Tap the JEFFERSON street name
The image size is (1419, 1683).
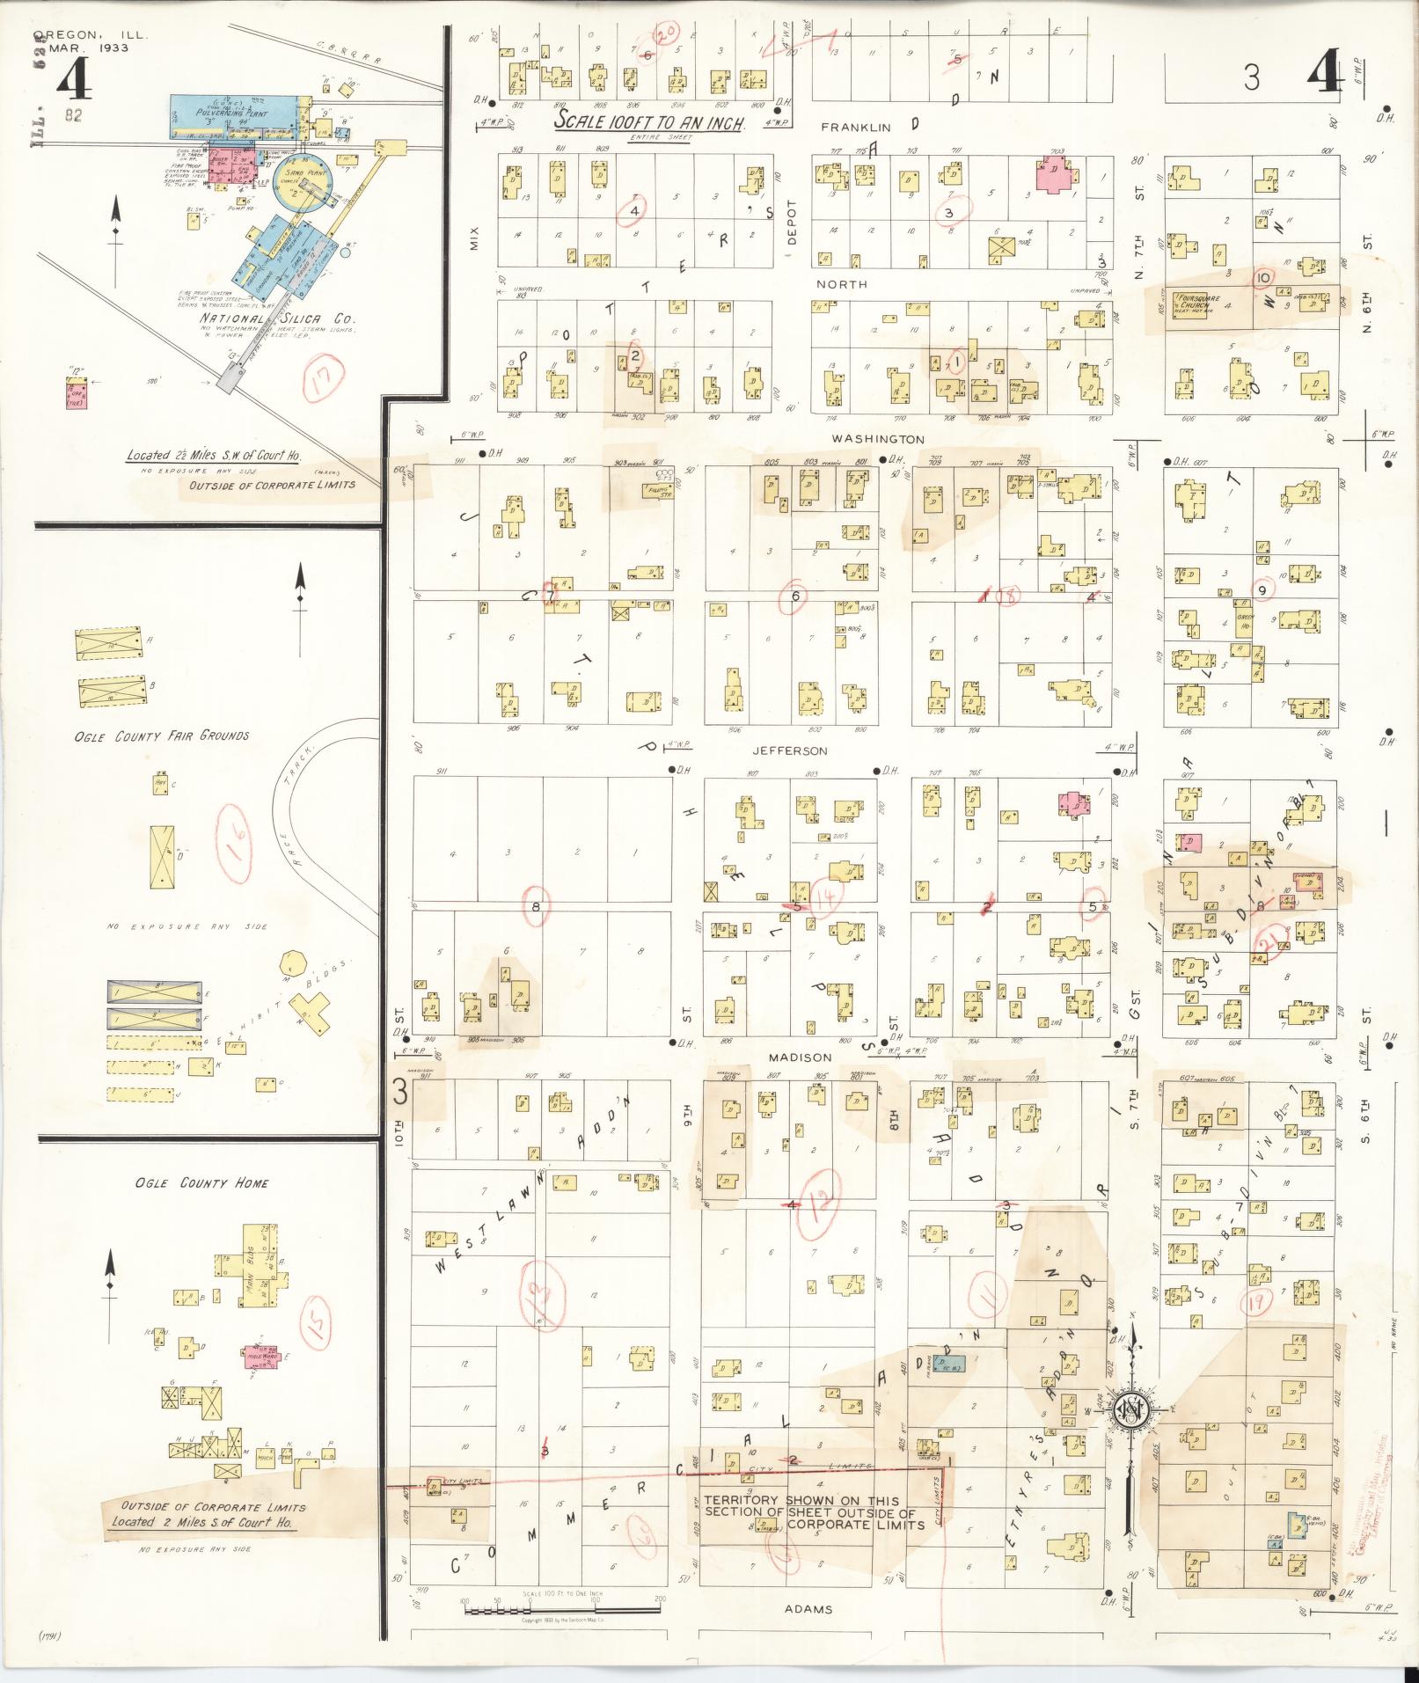789,750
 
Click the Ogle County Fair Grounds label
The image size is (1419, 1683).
161,735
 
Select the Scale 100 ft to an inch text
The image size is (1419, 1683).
649,121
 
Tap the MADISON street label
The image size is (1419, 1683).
799,1057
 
